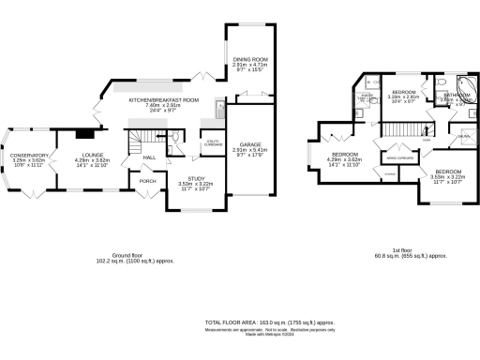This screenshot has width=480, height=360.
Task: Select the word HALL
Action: (148, 157)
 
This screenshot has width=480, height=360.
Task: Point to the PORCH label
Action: (147, 180)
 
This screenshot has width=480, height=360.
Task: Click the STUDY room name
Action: (195, 177)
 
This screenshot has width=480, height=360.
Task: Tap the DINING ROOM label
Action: (250, 59)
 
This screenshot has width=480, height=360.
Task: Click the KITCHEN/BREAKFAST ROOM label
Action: (164, 99)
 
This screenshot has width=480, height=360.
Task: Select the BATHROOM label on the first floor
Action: (457, 94)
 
